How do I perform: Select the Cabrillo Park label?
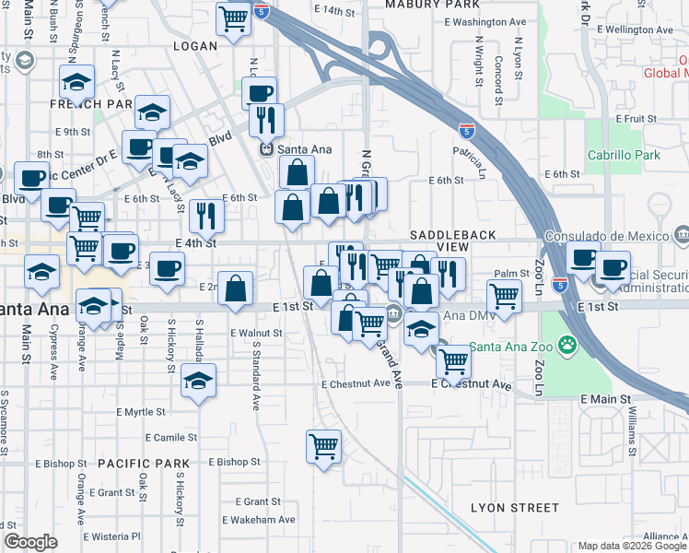(624, 155)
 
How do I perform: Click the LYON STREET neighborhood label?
(514, 508)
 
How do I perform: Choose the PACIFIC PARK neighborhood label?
(143, 464)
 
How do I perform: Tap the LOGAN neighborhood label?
(195, 44)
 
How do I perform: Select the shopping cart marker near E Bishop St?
(324, 447)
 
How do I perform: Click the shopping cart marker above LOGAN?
(234, 17)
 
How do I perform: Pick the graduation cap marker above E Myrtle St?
(198, 381)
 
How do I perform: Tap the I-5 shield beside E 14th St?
(263, 12)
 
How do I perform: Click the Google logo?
(30, 541)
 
